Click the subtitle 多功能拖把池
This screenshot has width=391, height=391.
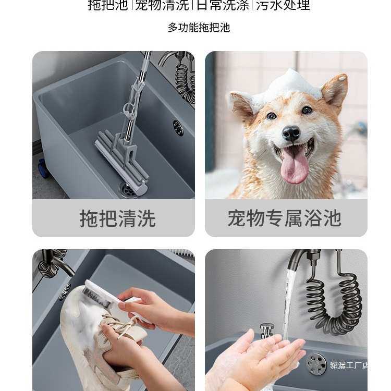(x=199, y=28)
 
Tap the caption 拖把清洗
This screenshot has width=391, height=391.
(x=117, y=218)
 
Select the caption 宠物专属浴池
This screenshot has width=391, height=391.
(x=285, y=218)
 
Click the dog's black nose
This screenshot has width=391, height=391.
(x=290, y=134)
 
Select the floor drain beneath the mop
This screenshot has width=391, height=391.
(x=128, y=190)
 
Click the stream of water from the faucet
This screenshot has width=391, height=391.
(x=288, y=302)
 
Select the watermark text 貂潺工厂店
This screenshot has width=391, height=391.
(x=348, y=365)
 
